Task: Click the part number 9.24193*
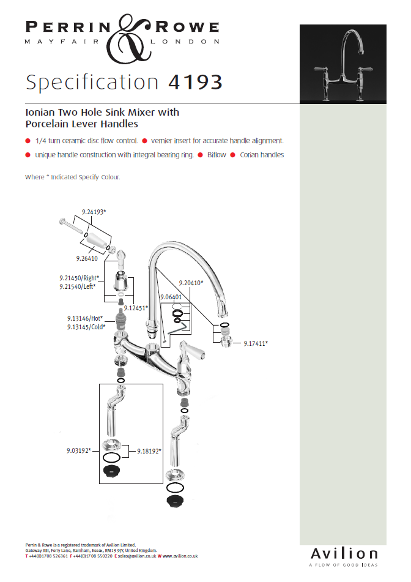(x=94, y=212)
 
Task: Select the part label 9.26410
(x=87, y=258)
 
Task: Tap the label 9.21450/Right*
(x=80, y=278)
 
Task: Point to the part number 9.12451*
(x=136, y=308)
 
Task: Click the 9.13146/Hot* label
(x=85, y=318)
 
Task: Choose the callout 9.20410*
(x=191, y=283)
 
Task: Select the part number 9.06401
(x=171, y=297)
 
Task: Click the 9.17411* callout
(x=256, y=344)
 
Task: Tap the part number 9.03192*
(x=79, y=450)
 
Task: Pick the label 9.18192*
(x=149, y=452)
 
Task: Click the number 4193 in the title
(x=195, y=82)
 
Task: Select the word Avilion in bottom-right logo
(x=344, y=554)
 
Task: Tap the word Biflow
(x=217, y=155)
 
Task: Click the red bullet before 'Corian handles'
(x=233, y=155)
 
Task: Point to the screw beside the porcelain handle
(x=71, y=226)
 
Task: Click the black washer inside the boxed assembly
(x=111, y=471)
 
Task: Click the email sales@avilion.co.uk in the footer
(x=137, y=556)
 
